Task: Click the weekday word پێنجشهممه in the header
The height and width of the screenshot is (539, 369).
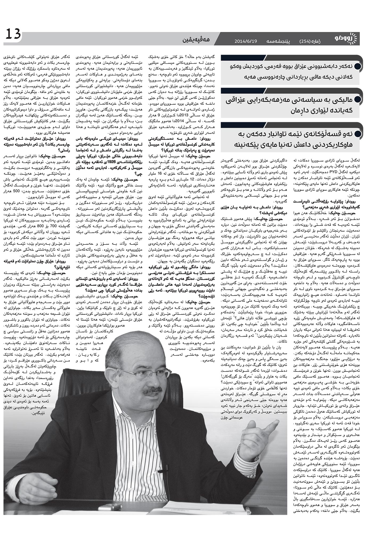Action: (279, 42)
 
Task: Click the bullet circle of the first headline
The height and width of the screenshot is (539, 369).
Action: (358, 67)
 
